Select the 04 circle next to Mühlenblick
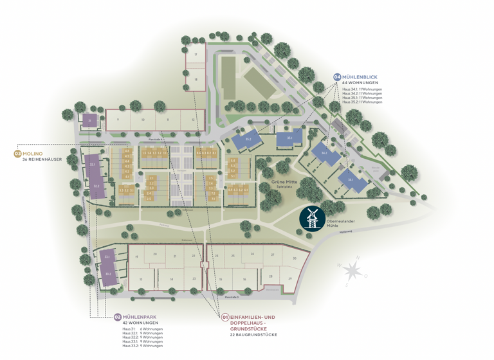pos(336,77)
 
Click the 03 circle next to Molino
pos(17,154)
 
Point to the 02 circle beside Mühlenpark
pos(117,317)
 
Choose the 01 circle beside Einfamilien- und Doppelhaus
pos(225,317)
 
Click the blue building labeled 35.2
pos(248,138)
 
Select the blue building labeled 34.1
pos(351,180)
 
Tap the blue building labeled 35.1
pos(289,138)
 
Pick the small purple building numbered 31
pos(90,120)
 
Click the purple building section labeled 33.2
pos(107,274)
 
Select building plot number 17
pos(195,55)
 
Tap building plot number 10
pos(143,120)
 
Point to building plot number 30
pos(293,258)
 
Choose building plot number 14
pos(171,279)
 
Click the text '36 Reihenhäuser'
pos(42,159)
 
